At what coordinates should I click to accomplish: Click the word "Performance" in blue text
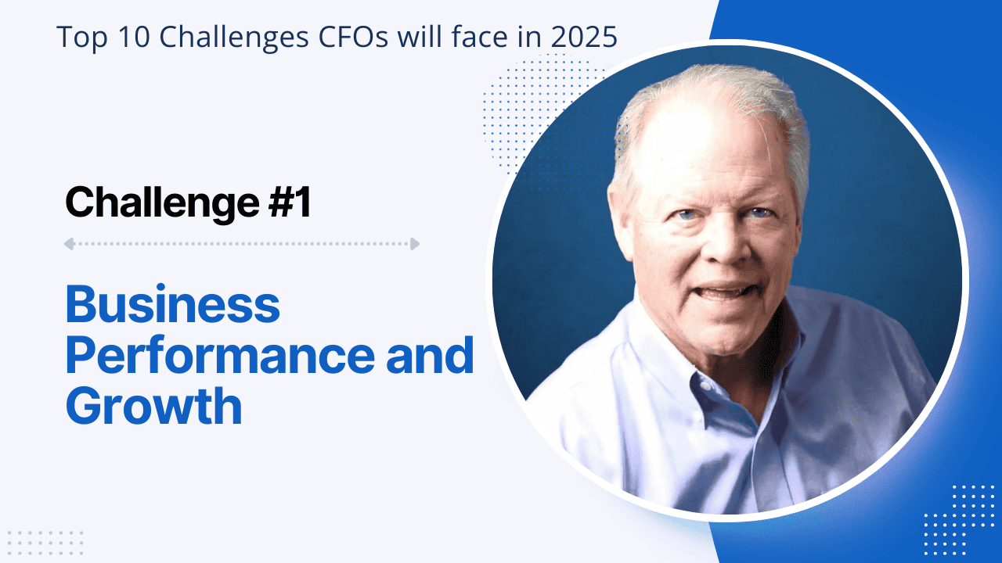coord(220,355)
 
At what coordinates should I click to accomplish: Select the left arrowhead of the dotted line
coord(69,244)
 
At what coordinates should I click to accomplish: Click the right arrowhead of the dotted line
coord(415,244)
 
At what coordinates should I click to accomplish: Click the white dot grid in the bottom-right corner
coord(958,516)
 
